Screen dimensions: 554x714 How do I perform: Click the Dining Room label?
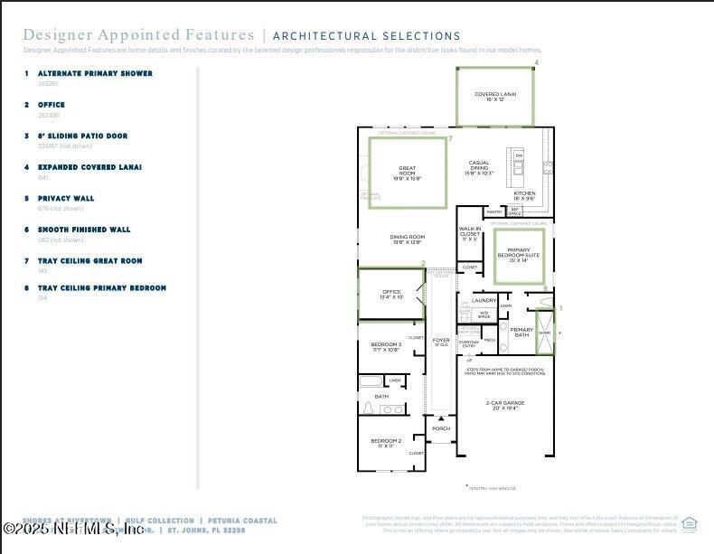point(407,239)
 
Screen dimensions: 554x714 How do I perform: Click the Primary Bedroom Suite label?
point(519,253)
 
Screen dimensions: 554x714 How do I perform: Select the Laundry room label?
point(484,300)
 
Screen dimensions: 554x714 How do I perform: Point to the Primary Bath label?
point(521,332)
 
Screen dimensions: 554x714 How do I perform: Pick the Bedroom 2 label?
point(386,443)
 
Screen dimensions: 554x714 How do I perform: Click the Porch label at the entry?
point(441,428)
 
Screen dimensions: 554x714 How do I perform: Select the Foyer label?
point(441,342)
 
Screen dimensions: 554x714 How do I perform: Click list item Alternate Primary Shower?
point(95,73)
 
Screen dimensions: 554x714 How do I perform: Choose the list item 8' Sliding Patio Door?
point(82,136)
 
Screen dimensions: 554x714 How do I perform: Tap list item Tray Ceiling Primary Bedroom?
point(101,287)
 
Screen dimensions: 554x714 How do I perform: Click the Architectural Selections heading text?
point(366,36)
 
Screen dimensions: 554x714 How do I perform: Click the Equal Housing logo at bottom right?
point(690,524)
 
